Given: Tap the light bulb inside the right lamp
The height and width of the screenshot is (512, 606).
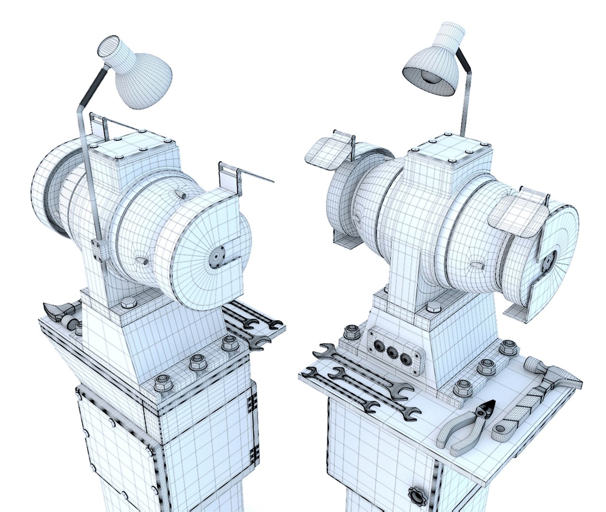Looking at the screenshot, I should tap(429, 78).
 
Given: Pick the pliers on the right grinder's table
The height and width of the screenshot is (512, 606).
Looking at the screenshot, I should tap(466, 424).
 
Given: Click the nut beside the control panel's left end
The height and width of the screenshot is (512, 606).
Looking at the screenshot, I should tap(351, 332).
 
